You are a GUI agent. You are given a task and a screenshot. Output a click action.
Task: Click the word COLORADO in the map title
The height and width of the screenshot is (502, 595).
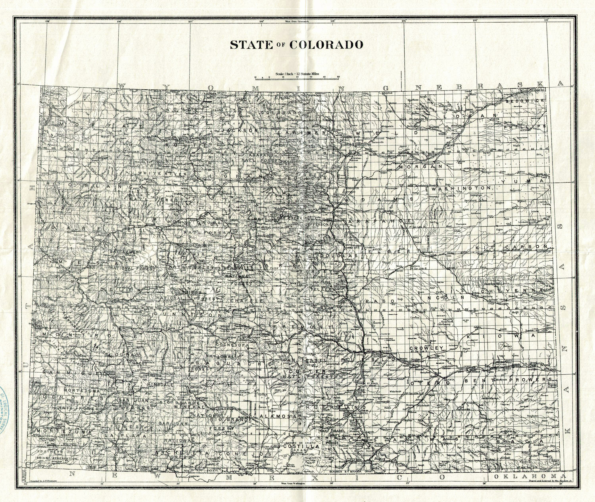coord(326,45)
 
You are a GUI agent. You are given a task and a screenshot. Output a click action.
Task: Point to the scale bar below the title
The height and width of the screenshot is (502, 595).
coord(297,77)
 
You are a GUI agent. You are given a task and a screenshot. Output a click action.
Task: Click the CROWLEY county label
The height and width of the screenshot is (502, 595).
coord(426,348)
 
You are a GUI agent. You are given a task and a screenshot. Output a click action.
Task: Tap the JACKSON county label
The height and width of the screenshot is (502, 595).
coord(240,130)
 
